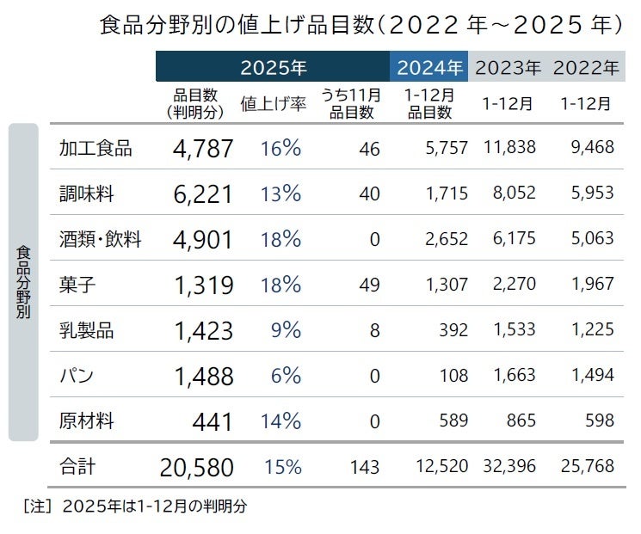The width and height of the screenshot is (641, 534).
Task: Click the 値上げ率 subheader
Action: click(x=274, y=104)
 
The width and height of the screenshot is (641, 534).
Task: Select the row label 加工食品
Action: click(x=96, y=148)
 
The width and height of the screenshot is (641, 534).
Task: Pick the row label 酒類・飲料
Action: click(x=101, y=239)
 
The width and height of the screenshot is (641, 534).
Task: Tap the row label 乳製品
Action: click(x=86, y=330)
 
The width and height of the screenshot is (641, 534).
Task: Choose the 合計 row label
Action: click(x=77, y=467)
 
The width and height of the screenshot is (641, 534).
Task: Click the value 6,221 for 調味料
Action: click(x=203, y=194)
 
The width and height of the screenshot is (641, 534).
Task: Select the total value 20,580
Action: click(x=196, y=468)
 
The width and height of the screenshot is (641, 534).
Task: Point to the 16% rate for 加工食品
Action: click(x=280, y=148)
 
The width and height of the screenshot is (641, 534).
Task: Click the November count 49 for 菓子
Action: click(x=369, y=285)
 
